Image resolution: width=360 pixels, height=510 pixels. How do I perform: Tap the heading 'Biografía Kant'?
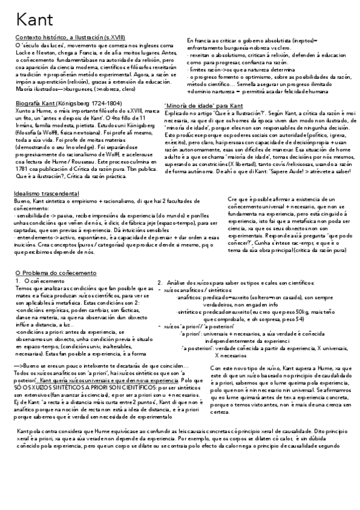tap(34, 103)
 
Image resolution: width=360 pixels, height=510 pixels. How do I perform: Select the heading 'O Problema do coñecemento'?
tap(52, 273)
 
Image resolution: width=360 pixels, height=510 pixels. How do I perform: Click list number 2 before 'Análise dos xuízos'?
tap(160, 282)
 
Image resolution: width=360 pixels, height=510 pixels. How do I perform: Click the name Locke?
tap(23, 52)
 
